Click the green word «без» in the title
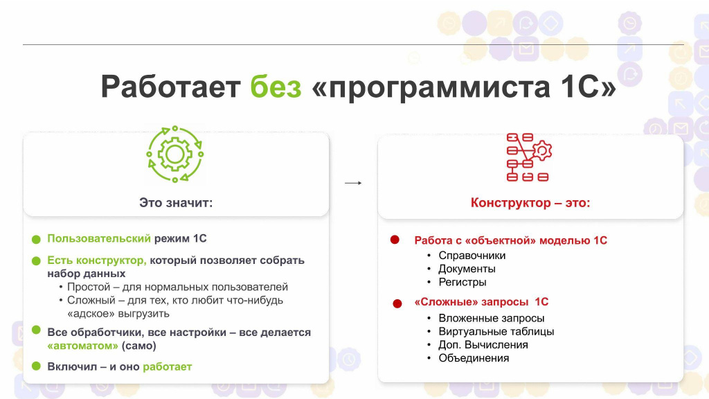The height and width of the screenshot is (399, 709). [276, 86]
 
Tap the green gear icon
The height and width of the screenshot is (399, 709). [175, 154]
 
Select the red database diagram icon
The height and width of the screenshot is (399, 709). [528, 157]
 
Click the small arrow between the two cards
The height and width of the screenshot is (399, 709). [353, 183]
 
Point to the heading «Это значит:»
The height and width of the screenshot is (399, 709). [176, 202]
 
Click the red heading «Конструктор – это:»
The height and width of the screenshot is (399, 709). [530, 203]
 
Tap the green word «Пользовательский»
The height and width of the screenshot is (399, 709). [99, 238]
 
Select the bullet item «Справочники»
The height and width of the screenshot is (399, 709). [472, 255]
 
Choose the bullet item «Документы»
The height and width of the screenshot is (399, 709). [467, 269]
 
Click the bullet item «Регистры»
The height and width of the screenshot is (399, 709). [463, 282]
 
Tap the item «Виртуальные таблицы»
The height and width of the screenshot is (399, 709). [496, 331]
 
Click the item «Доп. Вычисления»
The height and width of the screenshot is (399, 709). [483, 345]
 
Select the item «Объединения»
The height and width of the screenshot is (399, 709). [474, 358]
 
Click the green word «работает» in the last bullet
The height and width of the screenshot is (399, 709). [168, 366]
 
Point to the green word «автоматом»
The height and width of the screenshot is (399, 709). [83, 346]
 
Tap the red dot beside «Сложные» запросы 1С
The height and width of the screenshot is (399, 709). [397, 303]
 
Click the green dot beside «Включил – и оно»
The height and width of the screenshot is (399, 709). [36, 366]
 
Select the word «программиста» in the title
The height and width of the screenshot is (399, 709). [440, 87]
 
